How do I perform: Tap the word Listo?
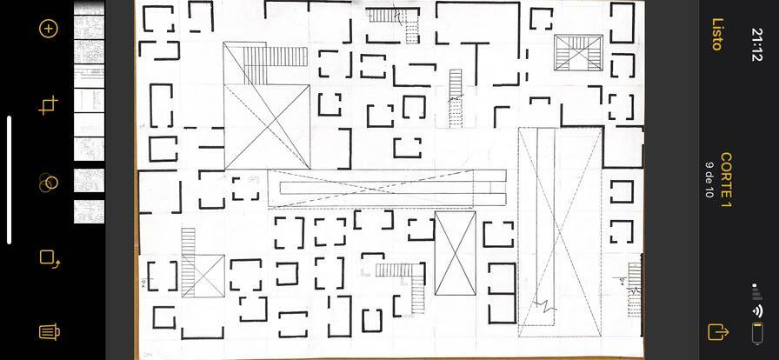coord(718,34)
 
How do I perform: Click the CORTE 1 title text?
coord(726,180)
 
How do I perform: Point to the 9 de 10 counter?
coord(709,180)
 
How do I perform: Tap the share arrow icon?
coord(718,331)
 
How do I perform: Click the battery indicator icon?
coord(757,332)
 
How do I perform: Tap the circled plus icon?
coord(49,28)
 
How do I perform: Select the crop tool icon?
coord(49,106)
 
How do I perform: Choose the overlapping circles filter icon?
coord(49,183)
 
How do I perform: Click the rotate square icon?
coord(49,257)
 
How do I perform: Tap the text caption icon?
coord(49,331)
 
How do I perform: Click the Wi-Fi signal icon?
coord(758,310)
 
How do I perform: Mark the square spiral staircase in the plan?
coord(578,53)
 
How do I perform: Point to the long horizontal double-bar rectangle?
coord(387,188)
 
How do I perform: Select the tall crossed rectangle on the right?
coord(561,231)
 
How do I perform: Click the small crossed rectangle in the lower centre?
coord(455,253)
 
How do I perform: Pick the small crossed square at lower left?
coord(203,276)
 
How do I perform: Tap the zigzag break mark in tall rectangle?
coord(545,306)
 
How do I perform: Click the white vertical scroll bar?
coord(10,180)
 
